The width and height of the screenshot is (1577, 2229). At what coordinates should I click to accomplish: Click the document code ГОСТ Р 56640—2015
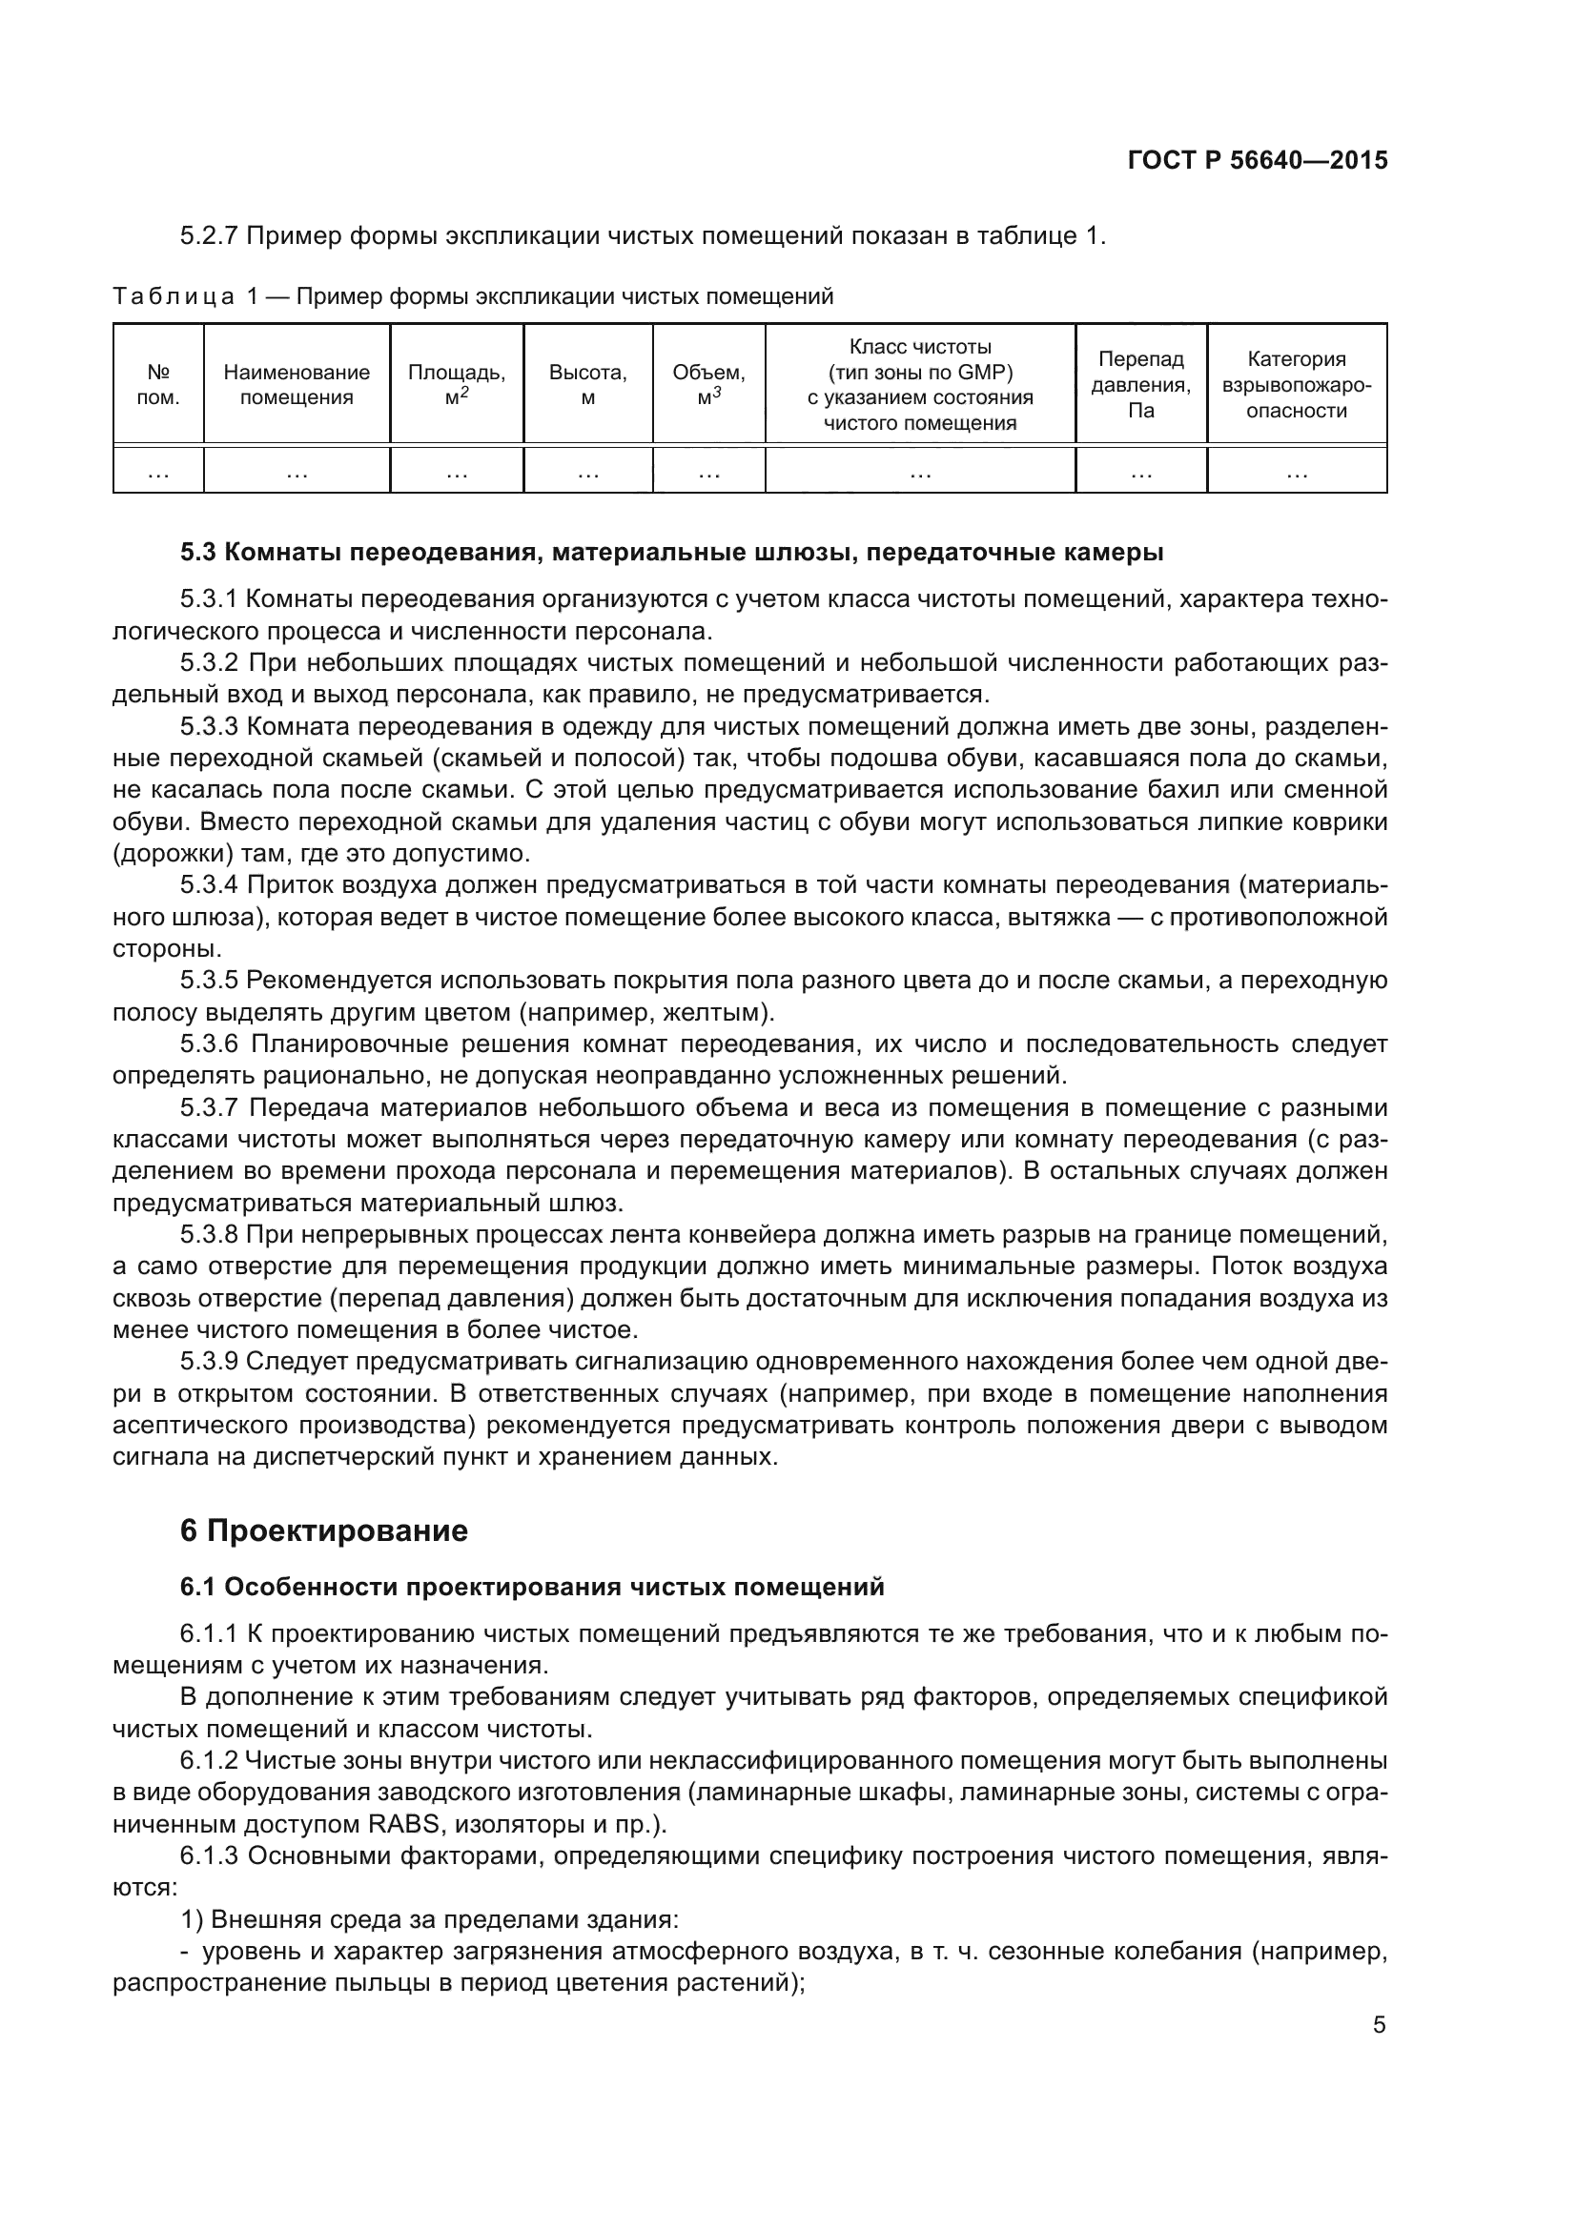tap(1257, 160)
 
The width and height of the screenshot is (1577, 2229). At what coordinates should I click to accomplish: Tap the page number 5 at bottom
tap(1379, 2025)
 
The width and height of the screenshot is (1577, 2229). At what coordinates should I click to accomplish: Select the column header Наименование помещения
tap(297, 384)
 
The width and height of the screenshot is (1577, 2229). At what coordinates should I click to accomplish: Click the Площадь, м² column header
tap(457, 384)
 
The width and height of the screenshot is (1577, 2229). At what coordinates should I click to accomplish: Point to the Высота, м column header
tap(587, 384)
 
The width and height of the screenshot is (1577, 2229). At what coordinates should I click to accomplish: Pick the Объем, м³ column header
tap(708, 384)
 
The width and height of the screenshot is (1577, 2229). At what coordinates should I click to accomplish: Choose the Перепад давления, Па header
tap(1141, 384)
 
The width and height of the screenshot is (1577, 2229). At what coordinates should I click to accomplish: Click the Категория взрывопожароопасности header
tap(1297, 384)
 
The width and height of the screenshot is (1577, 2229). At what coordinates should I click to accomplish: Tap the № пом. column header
tap(158, 384)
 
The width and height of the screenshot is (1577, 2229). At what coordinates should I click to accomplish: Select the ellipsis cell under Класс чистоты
tap(921, 473)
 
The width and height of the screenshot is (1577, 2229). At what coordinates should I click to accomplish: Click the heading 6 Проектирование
tap(323, 1530)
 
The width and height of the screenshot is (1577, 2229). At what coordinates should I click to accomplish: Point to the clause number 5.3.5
tap(209, 981)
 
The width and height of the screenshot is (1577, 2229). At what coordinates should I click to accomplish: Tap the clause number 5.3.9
tap(209, 1362)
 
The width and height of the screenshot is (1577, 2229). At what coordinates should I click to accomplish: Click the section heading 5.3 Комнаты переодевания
tap(671, 553)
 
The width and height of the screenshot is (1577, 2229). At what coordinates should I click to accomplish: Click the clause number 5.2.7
tap(209, 236)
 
